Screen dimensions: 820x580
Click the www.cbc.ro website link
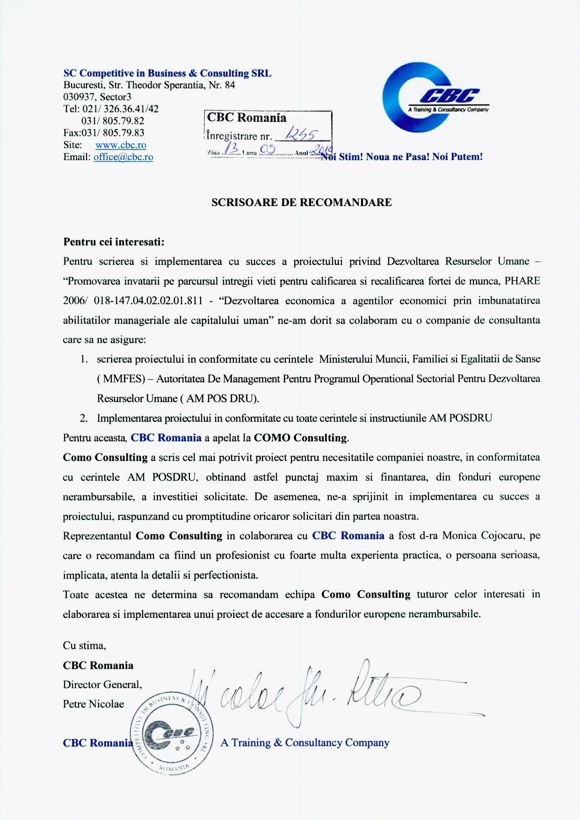[121, 145]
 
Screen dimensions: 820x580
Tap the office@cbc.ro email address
[123, 157]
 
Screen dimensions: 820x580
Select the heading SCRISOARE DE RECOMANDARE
[302, 202]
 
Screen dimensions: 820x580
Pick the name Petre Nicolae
[94, 704]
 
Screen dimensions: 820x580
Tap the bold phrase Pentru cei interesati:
[114, 242]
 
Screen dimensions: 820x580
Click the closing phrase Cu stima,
[84, 645]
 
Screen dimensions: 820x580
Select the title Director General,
[102, 684]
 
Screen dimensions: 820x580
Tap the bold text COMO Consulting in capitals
[301, 438]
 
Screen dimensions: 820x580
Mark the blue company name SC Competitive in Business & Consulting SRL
[167, 73]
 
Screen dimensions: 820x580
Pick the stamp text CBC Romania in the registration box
[246, 117]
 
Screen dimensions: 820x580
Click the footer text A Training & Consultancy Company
[304, 742]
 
